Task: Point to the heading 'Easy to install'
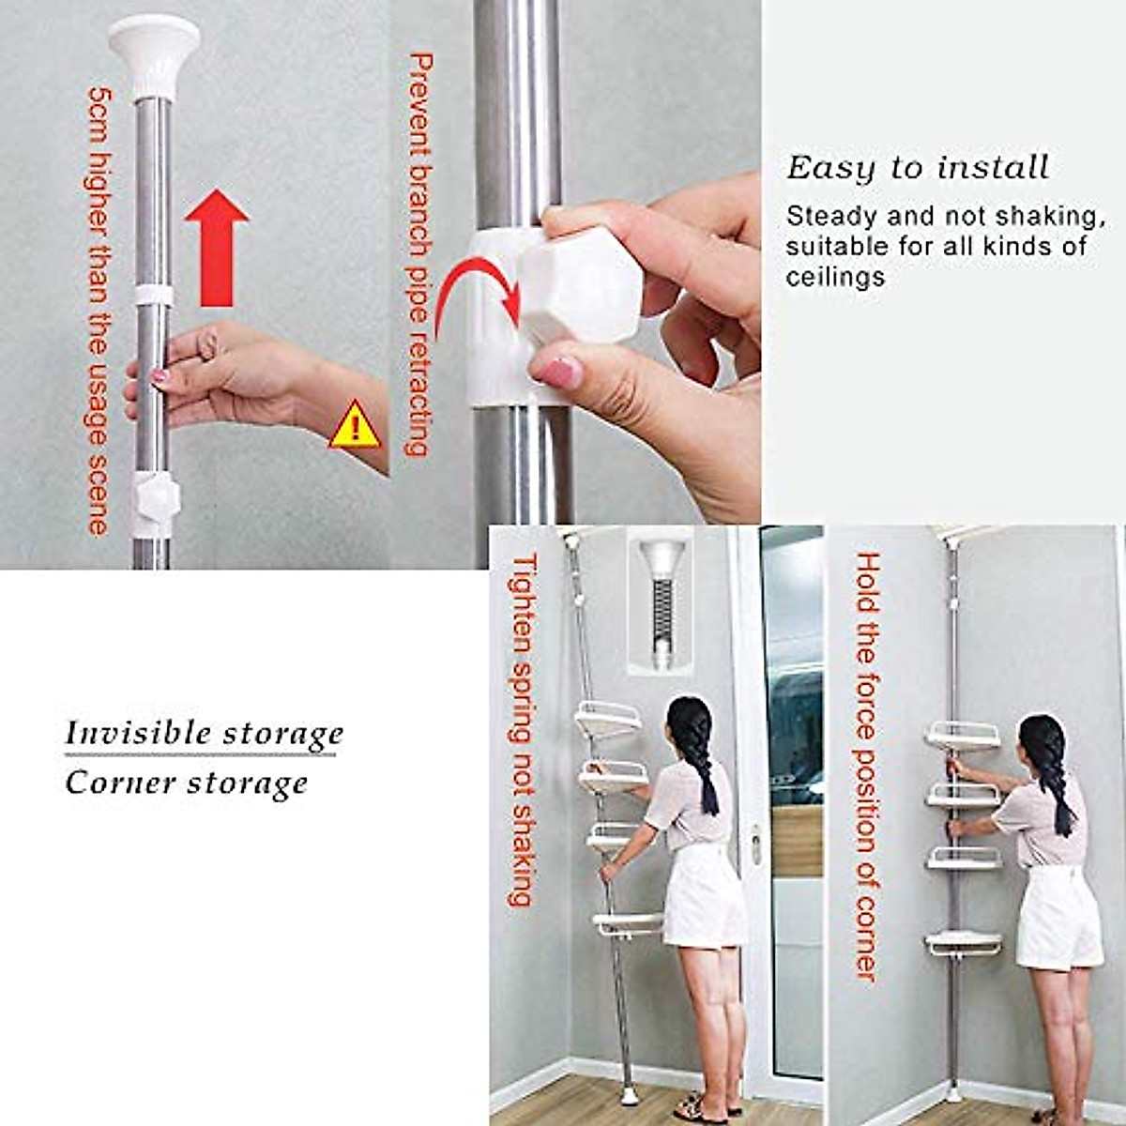917,168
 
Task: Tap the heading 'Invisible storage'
204,733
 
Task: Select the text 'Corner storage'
186,783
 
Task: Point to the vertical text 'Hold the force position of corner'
866,765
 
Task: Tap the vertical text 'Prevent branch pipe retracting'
419,253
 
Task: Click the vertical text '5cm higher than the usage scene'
99,310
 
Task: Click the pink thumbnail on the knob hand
561,373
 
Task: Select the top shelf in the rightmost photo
962,737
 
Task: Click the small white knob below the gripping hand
154,497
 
